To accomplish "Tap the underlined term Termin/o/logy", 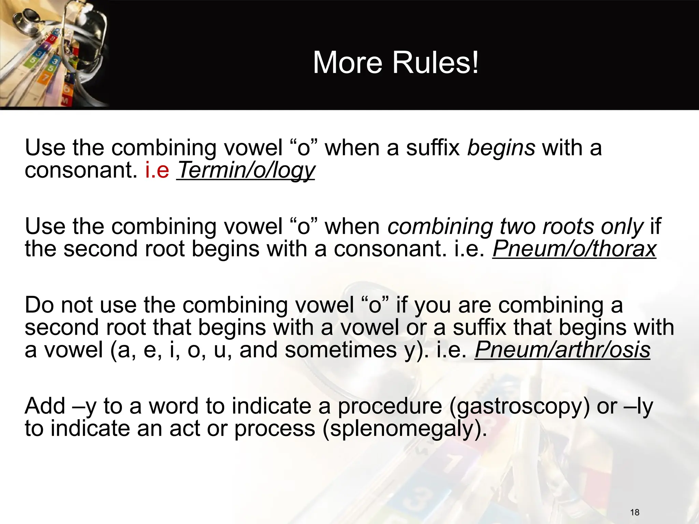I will pyautogui.click(x=246, y=170).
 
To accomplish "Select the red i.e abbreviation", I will pyautogui.click(x=157, y=170).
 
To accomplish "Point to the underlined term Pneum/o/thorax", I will pyautogui.click(x=574, y=249).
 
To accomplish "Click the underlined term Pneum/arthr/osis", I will pyautogui.click(x=562, y=350).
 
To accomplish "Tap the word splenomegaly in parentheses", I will pyautogui.click(x=403, y=429).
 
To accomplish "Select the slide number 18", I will pyautogui.click(x=634, y=512).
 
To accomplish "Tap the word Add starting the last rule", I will pyautogui.click(x=45, y=406).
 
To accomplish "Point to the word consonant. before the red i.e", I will pyautogui.click(x=81, y=170).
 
